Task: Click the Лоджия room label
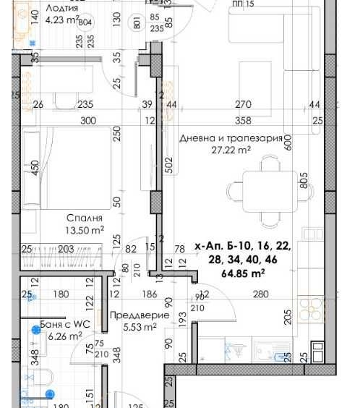(61, 8)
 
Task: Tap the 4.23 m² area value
(61, 20)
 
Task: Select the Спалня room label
(85, 218)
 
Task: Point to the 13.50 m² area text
(85, 231)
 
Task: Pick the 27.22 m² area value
(230, 150)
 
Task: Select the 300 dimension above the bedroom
(88, 121)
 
